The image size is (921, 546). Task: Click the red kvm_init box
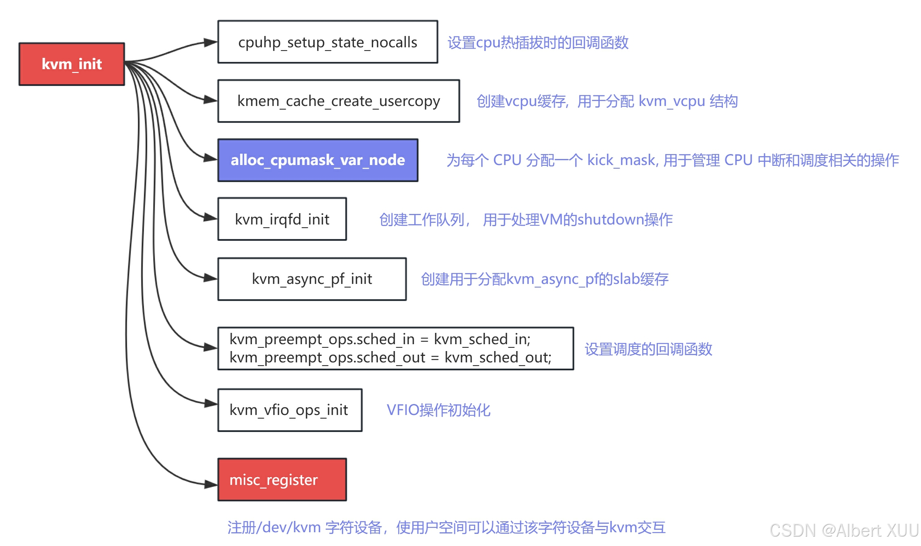click(72, 64)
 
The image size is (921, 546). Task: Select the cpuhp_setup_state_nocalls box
click(327, 42)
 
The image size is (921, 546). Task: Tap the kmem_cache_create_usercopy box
click(338, 101)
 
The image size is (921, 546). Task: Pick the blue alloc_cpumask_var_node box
click(318, 160)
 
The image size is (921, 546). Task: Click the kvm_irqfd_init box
click(282, 219)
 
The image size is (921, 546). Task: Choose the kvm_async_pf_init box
click(312, 279)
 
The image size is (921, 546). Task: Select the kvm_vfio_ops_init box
click(289, 410)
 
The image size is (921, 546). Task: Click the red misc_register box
click(282, 480)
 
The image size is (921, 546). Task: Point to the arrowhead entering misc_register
click(211, 484)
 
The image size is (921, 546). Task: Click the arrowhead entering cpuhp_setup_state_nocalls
click(211, 42)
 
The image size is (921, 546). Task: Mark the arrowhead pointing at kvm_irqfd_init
click(211, 218)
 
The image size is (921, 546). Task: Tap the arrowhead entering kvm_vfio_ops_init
click(211, 403)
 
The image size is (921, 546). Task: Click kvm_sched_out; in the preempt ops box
click(497, 358)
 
